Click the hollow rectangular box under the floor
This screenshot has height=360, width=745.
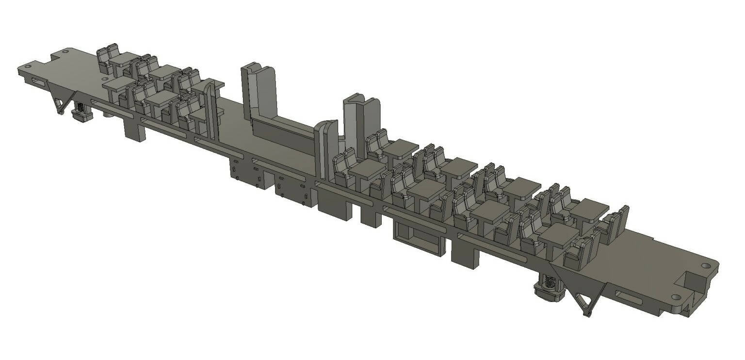(x=419, y=238)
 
